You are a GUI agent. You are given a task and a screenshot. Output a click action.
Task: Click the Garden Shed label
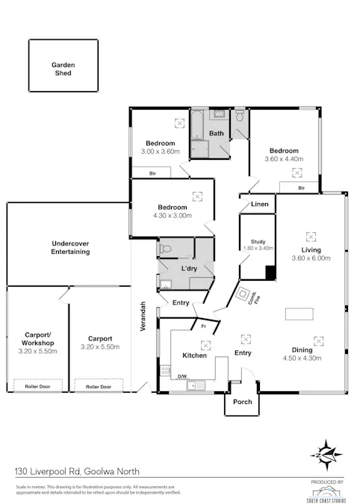[63, 69]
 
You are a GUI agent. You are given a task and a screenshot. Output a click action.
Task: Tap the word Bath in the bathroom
[217, 134]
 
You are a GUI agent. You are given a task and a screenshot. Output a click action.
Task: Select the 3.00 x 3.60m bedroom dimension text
[161, 152]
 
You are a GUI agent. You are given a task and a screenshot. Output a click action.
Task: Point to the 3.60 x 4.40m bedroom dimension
[285, 159]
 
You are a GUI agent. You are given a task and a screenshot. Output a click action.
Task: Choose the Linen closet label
[259, 204]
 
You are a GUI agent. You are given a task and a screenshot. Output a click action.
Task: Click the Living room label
[311, 250]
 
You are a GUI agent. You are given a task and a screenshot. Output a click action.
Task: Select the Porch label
[243, 402]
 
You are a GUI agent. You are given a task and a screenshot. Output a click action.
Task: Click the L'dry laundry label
[189, 268]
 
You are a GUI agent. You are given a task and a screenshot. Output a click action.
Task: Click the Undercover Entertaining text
[71, 248]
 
